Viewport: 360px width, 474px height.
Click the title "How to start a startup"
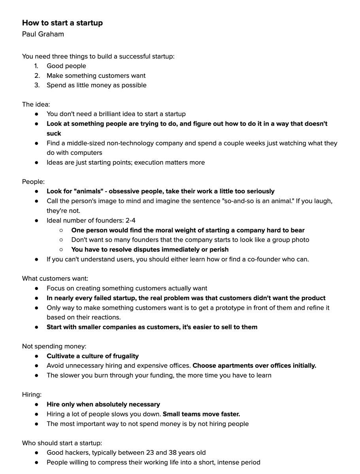click(x=62, y=23)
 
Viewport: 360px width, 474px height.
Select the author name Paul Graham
click(x=43, y=34)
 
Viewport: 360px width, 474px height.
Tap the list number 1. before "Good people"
click(x=36, y=66)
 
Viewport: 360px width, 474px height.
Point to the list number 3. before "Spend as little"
click(x=37, y=85)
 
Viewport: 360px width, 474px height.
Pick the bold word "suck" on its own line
click(x=54, y=134)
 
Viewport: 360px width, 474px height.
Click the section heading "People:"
click(x=33, y=182)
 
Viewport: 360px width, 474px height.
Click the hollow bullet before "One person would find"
click(x=61, y=230)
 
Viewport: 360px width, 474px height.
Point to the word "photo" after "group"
click(x=300, y=240)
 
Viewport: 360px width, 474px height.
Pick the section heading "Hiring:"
click(x=32, y=395)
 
